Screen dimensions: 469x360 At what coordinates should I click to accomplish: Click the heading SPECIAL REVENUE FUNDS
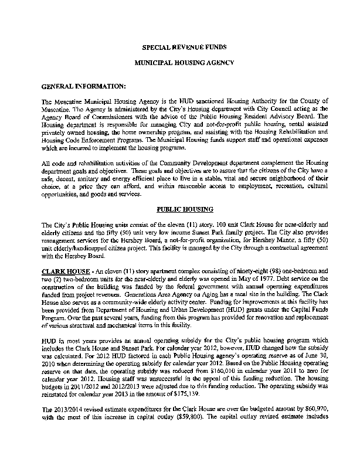[x=181, y=46]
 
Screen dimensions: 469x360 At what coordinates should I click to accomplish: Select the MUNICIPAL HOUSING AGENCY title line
[x=181, y=62]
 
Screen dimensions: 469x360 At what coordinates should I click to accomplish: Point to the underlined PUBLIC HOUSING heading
[x=181, y=209]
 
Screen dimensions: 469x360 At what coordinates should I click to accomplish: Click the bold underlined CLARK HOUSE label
[x=62, y=271]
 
